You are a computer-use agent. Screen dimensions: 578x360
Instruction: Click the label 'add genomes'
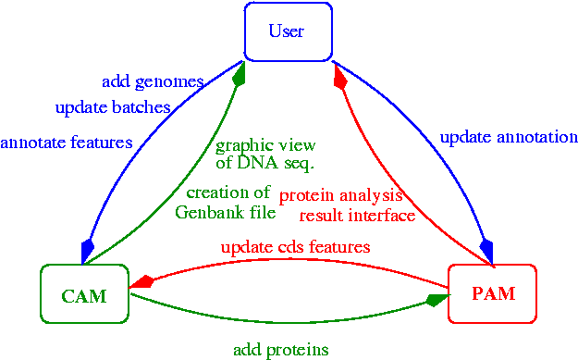point(153,81)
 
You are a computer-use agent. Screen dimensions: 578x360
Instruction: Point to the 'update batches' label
point(113,107)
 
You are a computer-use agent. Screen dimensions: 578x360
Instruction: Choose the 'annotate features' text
point(67,143)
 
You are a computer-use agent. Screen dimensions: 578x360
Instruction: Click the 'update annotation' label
point(509,137)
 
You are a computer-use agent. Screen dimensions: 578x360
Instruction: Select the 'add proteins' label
point(281,349)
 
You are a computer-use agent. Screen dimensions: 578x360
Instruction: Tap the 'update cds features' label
point(296,247)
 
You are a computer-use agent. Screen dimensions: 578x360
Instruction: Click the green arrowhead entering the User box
point(239,75)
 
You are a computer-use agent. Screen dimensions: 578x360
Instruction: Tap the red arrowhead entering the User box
point(339,76)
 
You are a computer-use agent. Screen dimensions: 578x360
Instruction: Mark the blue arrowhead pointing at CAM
point(87,252)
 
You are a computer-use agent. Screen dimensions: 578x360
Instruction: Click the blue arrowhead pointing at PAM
point(487,252)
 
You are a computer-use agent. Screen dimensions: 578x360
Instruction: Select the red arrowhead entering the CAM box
point(142,282)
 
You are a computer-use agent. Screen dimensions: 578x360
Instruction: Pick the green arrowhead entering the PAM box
point(437,300)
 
